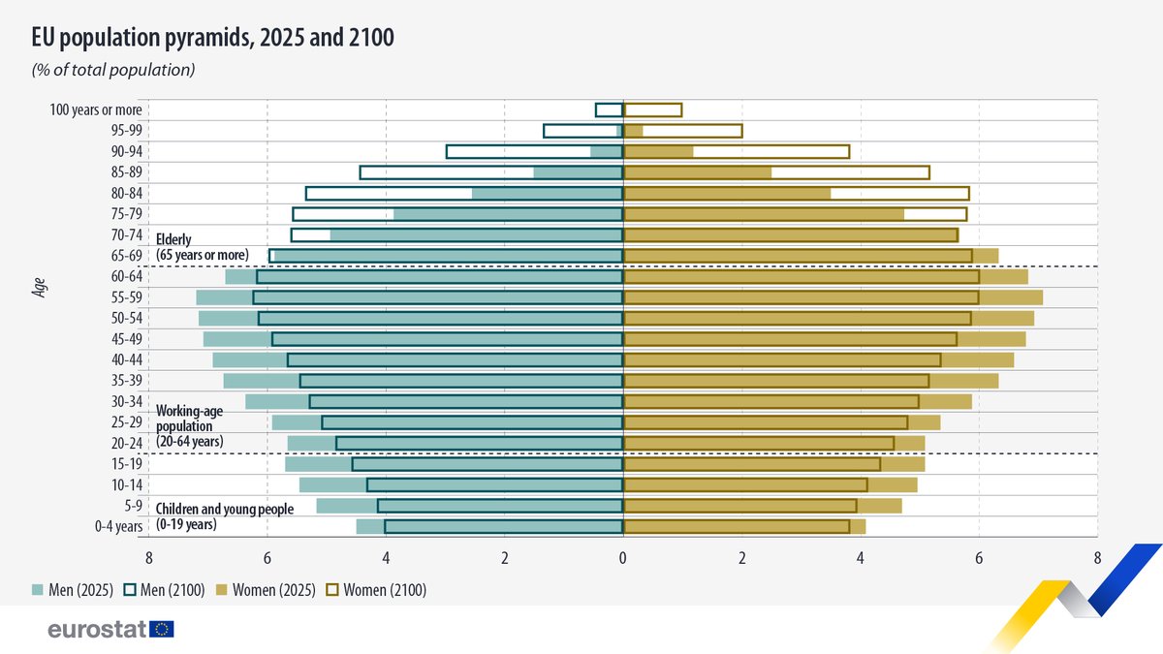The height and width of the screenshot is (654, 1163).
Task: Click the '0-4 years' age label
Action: point(118,526)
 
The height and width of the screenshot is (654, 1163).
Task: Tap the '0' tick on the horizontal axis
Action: point(622,558)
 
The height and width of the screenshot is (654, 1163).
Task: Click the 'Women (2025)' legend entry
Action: point(267,590)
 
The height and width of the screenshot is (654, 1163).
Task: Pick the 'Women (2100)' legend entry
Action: point(376,590)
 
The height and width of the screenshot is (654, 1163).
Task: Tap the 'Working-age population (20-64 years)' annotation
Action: point(190,425)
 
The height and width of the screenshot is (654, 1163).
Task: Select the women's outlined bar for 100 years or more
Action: point(652,109)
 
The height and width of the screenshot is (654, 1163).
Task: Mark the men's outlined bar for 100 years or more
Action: point(609,109)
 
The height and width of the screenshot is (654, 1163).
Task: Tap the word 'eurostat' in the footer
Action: point(97,630)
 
